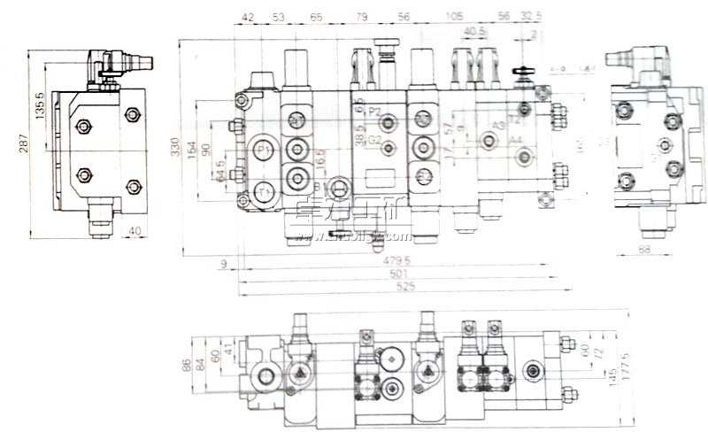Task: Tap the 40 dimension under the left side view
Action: click(x=133, y=232)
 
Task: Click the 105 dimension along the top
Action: click(x=455, y=17)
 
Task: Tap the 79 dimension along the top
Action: click(x=361, y=17)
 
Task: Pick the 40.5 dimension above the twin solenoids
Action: click(x=475, y=31)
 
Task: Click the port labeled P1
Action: click(x=263, y=151)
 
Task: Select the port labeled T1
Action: click(x=263, y=191)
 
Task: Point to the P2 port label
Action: click(x=374, y=112)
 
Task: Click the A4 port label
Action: click(x=517, y=151)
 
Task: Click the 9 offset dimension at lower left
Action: click(x=224, y=262)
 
